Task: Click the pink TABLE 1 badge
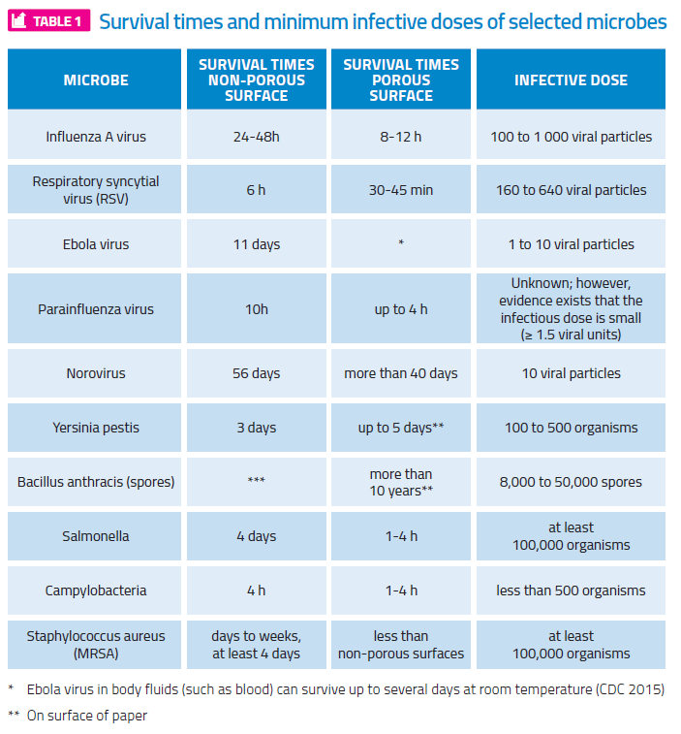49,21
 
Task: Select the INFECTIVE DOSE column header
571,80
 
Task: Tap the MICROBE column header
96,80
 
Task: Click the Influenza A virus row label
96,137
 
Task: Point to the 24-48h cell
256,137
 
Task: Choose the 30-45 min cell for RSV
401,190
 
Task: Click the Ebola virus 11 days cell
256,244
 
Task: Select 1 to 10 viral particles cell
571,244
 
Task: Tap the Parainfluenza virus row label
96,309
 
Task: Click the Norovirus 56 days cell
256,373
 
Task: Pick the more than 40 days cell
401,373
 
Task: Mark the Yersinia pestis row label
96,428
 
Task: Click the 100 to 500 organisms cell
571,428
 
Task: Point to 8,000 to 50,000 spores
571,482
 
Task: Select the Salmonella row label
96,536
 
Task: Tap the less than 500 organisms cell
571,590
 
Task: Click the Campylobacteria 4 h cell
256,590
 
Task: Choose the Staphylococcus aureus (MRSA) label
96,645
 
